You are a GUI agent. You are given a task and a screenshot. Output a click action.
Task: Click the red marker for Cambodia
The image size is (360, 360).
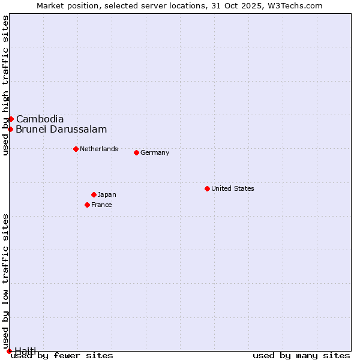tap(11, 119)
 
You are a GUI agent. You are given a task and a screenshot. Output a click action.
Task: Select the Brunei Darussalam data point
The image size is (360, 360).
tap(10, 129)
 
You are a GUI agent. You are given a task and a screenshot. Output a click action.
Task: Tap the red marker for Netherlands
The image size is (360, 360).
tap(76, 149)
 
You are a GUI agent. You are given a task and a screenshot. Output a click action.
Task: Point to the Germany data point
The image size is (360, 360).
tap(136, 152)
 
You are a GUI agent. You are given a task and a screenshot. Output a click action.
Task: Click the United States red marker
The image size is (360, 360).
tap(207, 188)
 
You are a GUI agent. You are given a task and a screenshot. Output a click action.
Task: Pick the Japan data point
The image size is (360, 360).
tap(94, 194)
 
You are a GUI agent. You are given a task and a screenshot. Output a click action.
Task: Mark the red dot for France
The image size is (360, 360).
tap(87, 205)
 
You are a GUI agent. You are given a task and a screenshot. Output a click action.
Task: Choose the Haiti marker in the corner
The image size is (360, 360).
tap(9, 351)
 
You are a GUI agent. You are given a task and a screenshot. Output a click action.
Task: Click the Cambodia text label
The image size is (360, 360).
tap(40, 119)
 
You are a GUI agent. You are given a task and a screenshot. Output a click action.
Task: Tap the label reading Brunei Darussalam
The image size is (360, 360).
tap(61, 129)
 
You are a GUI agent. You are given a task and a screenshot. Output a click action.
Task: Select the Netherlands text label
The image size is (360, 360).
tap(99, 149)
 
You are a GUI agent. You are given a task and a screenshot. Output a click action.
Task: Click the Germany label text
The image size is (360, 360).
tap(155, 152)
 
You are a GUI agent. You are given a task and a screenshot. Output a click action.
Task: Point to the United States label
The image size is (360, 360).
tap(233, 188)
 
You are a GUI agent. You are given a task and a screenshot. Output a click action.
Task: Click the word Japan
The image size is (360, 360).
tap(107, 194)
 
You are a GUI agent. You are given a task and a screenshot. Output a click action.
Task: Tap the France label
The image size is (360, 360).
tap(101, 205)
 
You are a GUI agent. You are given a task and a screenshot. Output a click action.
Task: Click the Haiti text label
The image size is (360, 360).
tap(25, 351)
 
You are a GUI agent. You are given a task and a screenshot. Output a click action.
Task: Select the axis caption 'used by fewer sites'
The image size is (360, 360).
tap(62, 356)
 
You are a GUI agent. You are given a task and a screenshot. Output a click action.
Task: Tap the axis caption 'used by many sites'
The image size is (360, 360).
tap(301, 356)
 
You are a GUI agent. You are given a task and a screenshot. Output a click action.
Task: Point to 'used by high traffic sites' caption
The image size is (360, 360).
tap(5, 85)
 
